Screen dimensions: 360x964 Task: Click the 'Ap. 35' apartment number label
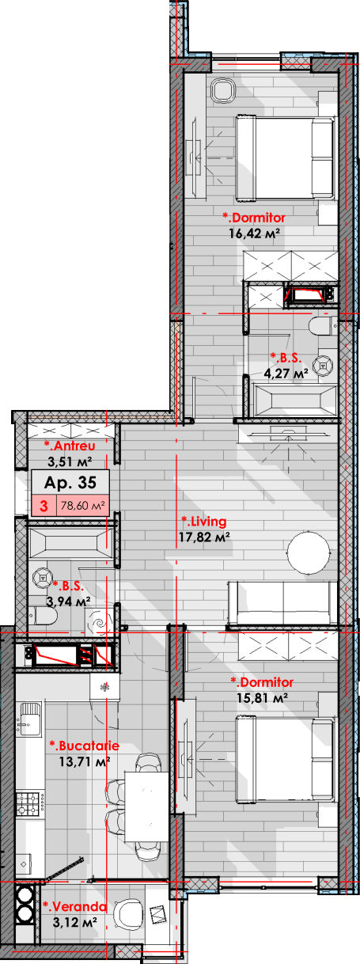(70, 483)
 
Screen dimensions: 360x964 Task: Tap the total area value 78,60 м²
(83, 505)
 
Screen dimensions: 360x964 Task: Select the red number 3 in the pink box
(44, 506)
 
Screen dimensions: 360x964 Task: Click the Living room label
(204, 521)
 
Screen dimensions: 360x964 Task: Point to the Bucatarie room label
(85, 746)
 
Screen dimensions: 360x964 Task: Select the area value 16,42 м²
(255, 233)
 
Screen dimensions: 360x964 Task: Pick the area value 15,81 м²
(262, 697)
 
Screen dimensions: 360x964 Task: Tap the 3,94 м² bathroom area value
(68, 601)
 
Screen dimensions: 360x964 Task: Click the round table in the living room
(309, 552)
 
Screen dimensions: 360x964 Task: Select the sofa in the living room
(282, 602)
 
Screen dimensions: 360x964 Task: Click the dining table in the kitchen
(146, 806)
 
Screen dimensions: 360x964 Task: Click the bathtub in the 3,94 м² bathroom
(70, 539)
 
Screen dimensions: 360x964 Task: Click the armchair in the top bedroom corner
(224, 90)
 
